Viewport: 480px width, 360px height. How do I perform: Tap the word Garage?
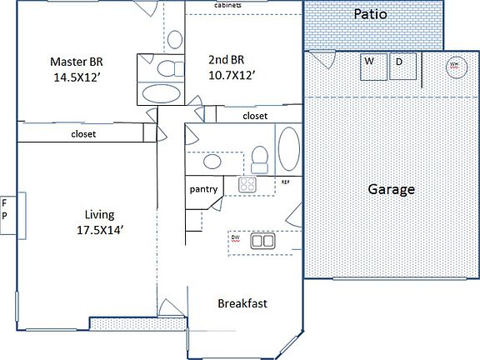pos(392,189)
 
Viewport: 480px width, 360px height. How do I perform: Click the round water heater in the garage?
pos(455,67)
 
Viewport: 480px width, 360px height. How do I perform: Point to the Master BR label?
pos(77,62)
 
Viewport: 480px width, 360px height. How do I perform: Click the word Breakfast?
pos(242,303)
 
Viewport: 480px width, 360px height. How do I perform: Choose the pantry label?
pos(204,189)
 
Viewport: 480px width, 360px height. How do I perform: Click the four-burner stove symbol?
pos(248,185)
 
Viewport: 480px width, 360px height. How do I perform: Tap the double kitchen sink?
pos(263,241)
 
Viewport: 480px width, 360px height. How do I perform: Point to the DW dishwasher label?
pos(236,238)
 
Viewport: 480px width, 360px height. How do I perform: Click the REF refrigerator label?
pos(285,181)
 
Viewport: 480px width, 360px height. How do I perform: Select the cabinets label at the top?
pos(228,7)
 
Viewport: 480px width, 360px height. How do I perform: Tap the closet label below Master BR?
pos(83,133)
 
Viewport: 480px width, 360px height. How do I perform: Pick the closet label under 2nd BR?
pos(255,116)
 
